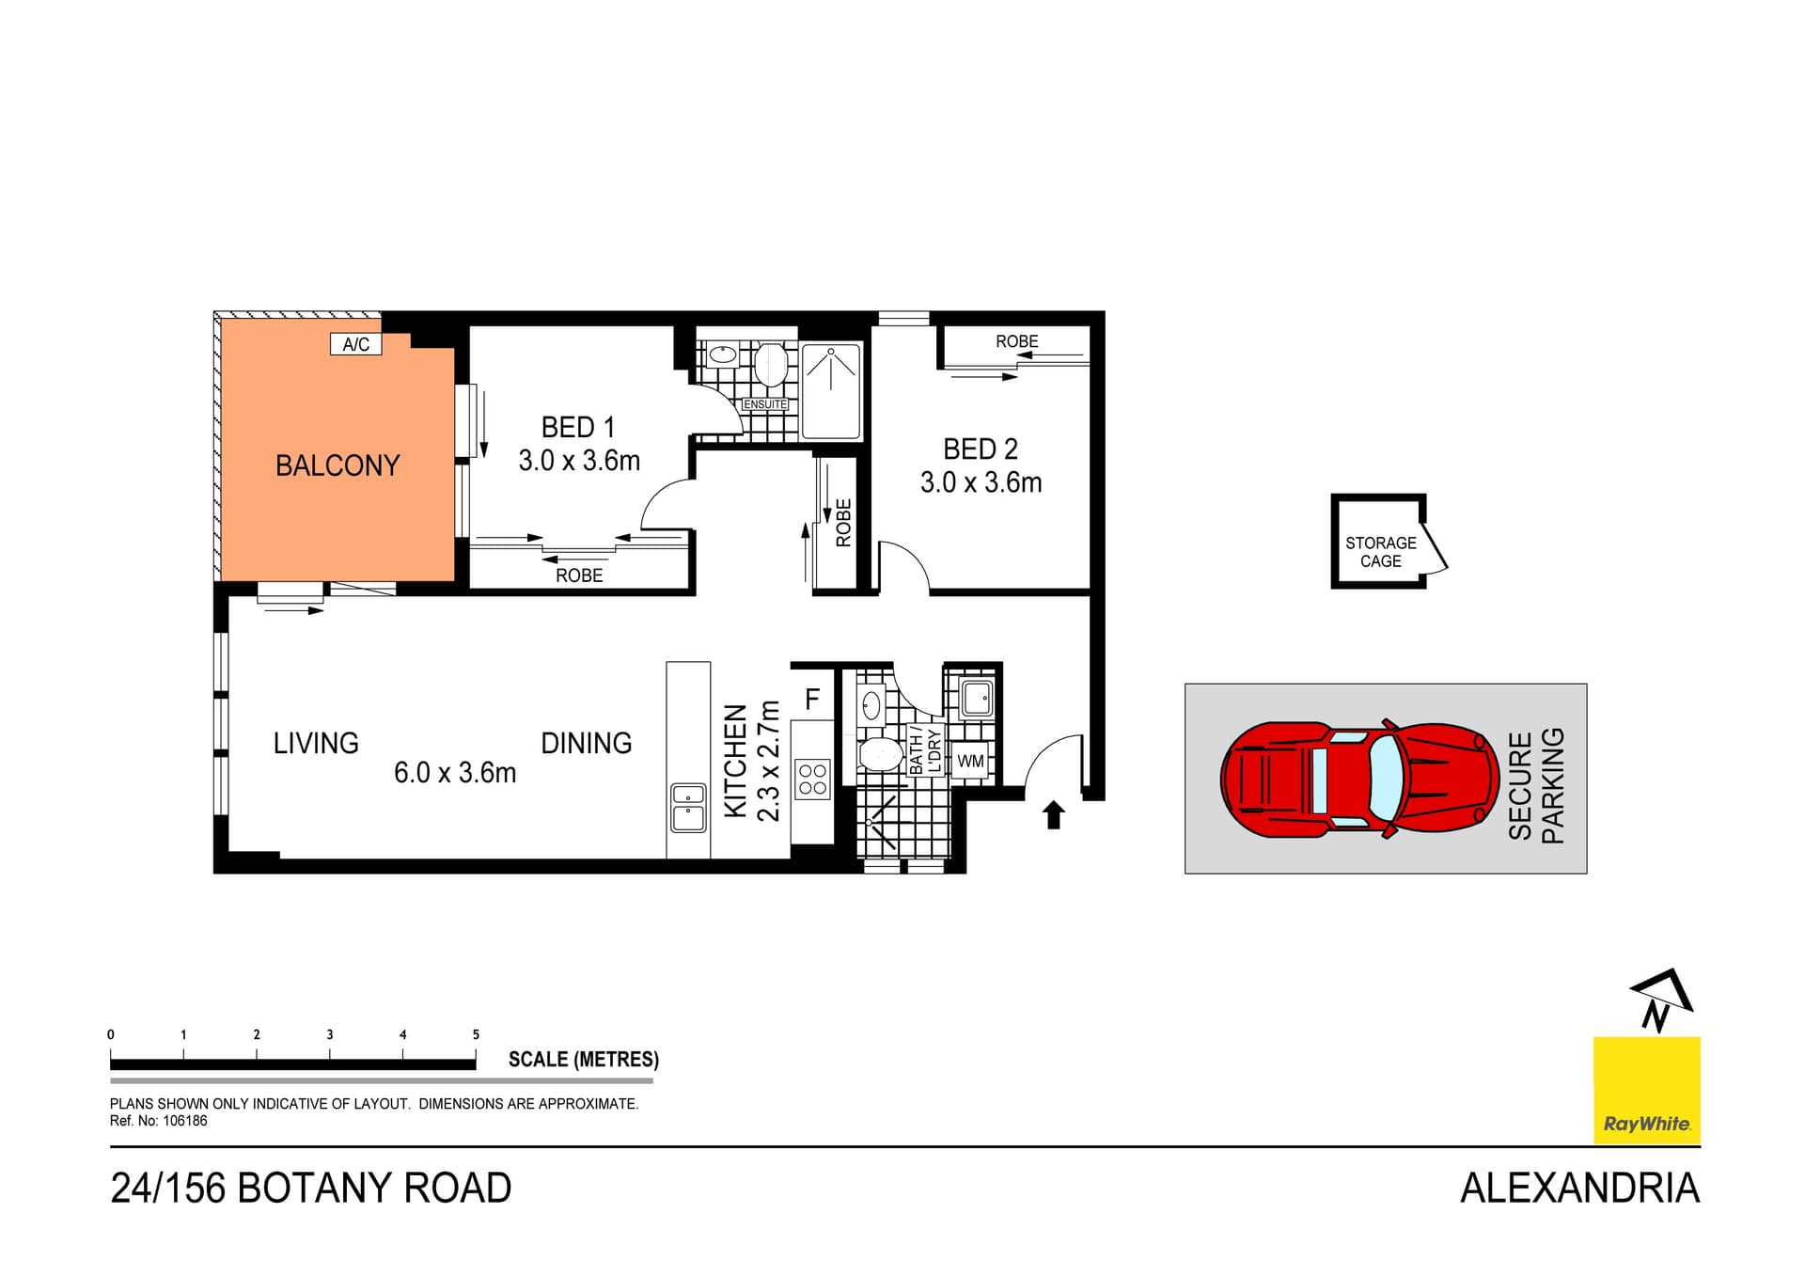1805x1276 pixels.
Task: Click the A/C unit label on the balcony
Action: (355, 344)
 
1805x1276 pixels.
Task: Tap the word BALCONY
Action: (337, 465)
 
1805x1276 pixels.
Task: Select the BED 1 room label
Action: (578, 428)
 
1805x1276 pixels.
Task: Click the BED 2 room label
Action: (981, 449)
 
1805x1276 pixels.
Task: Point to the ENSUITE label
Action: (765, 404)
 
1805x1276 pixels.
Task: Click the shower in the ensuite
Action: (831, 390)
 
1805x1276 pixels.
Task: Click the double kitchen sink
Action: (688, 808)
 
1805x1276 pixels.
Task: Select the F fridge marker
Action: (812, 700)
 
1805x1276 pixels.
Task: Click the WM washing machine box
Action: (970, 761)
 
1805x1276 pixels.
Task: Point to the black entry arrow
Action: (1053, 814)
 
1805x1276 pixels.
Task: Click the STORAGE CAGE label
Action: (1380, 552)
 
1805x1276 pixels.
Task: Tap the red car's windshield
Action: (1386, 778)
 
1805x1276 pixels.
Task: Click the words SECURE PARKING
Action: (1536, 785)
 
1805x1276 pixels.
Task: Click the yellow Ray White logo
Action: (1646, 1090)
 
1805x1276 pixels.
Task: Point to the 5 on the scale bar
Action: (476, 1034)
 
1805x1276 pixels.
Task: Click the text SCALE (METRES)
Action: (583, 1060)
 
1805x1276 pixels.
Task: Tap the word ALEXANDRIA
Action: (1579, 1189)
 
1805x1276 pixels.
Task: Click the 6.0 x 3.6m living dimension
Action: (455, 773)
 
